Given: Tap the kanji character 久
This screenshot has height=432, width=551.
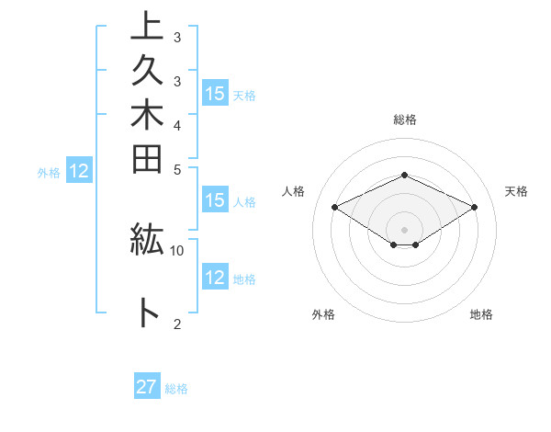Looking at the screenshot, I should click(x=147, y=75).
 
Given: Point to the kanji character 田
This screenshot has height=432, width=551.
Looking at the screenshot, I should click(x=147, y=160).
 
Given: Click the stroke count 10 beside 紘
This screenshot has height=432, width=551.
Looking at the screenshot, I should click(x=177, y=250).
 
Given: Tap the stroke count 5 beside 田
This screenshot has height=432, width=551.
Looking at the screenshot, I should click(x=177, y=168).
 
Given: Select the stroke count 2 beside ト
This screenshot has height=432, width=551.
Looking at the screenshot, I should click(x=177, y=323).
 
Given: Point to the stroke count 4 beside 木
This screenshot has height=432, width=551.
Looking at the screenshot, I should click(x=177, y=124).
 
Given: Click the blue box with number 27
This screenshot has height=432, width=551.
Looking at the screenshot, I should click(x=147, y=387).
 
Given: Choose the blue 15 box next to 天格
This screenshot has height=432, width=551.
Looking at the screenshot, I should click(x=215, y=94).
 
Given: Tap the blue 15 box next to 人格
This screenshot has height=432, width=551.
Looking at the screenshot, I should click(x=215, y=201).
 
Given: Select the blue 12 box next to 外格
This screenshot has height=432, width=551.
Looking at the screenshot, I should click(x=79, y=170).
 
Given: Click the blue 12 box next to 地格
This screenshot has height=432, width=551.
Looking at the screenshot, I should click(x=215, y=278).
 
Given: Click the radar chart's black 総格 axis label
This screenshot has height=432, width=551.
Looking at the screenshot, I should click(x=404, y=119).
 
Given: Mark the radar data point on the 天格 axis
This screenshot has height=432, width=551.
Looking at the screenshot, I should click(x=474, y=207).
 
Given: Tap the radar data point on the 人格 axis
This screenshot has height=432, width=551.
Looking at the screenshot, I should click(x=334, y=207).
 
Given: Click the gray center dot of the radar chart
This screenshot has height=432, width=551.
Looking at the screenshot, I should click(x=404, y=229).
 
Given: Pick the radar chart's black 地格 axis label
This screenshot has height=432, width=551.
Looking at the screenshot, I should click(x=481, y=314).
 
